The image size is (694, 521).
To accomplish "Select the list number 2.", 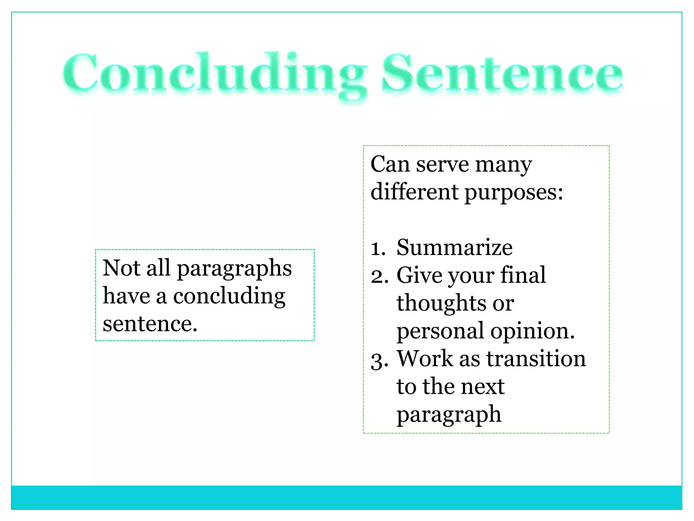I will pyautogui.click(x=379, y=276).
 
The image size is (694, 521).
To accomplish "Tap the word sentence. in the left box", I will pyautogui.click(x=150, y=324).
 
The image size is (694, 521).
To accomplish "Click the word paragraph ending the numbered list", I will pyautogui.click(x=449, y=415).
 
